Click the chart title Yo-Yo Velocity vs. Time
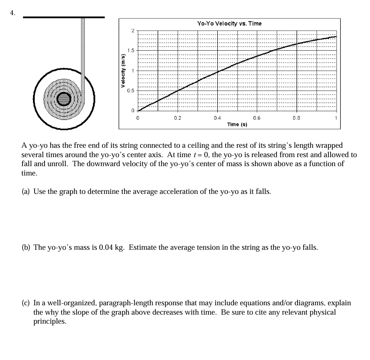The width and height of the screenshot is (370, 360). click(x=229, y=23)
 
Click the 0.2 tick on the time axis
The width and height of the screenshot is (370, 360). click(x=177, y=118)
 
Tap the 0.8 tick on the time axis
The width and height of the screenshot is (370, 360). click(x=296, y=118)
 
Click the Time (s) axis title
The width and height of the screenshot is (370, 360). click(x=237, y=124)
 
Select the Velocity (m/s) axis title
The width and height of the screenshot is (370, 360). click(x=122, y=70)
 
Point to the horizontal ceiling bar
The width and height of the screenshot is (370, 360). click(x=64, y=17)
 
